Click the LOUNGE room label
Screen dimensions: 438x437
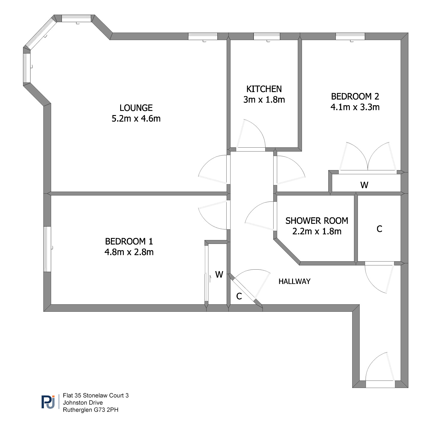click(136, 108)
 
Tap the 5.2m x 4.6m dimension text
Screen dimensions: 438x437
click(136, 118)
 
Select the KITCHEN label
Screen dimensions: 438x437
click(264, 89)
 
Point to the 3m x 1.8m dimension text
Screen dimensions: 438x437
click(264, 100)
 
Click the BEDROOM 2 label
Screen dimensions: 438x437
click(355, 96)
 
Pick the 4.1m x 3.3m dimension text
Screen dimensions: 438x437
click(355, 107)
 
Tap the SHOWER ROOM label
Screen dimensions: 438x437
click(317, 221)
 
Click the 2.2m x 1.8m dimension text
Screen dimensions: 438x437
click(317, 231)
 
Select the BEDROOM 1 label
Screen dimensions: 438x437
click(129, 241)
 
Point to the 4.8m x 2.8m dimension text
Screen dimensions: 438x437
click(129, 252)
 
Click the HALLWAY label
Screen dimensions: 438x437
click(294, 281)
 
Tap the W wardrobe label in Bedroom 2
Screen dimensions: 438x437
click(364, 185)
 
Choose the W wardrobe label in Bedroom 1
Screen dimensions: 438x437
click(219, 274)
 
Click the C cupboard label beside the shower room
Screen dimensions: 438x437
click(379, 229)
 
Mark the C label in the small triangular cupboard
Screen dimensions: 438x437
click(239, 296)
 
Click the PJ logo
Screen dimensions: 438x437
click(48, 402)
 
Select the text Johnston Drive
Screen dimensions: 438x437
click(83, 402)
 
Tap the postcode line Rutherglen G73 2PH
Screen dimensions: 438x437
click(91, 410)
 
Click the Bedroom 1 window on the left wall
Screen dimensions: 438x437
click(47, 249)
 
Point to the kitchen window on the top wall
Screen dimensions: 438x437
click(267, 36)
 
